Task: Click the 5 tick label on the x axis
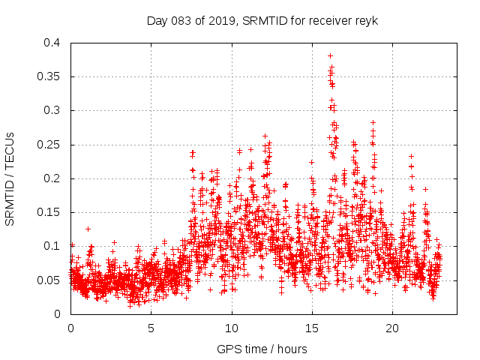pos(151,328)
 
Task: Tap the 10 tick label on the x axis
pos(232,328)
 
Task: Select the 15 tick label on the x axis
pos(312,328)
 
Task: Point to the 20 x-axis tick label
pos(392,328)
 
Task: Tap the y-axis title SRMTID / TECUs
pos(10,178)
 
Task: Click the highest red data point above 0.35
pos(330,55)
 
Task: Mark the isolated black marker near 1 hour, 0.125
pos(88,229)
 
